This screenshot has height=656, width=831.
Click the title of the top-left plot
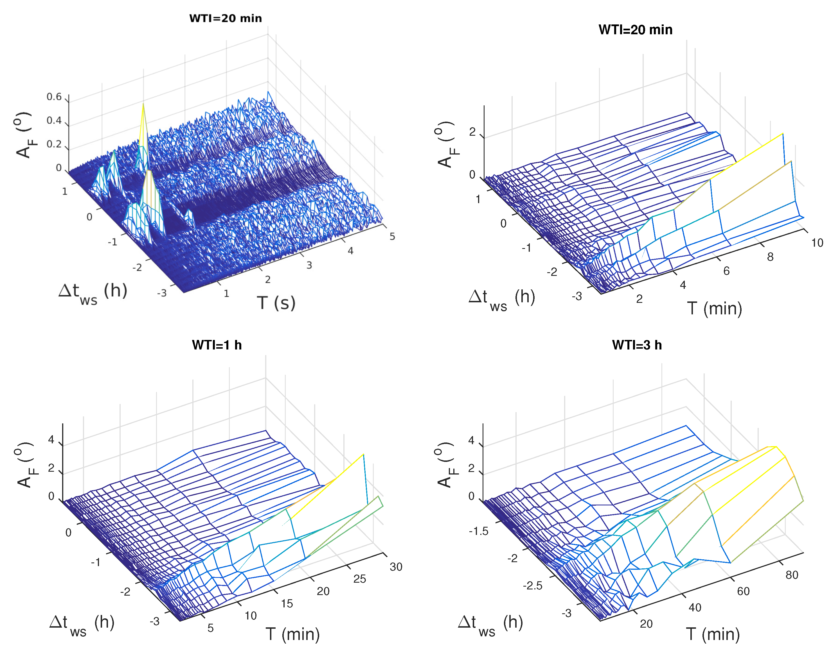pyautogui.click(x=225, y=19)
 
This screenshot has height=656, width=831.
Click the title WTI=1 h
pyautogui.click(x=217, y=345)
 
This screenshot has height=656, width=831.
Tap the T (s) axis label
pyautogui.click(x=276, y=303)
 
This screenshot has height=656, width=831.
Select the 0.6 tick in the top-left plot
pyautogui.click(x=54, y=97)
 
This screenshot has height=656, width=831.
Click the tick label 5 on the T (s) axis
pyautogui.click(x=392, y=237)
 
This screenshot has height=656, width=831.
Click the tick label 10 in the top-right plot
pyautogui.click(x=817, y=243)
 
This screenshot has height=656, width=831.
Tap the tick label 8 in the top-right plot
pyautogui.click(x=770, y=257)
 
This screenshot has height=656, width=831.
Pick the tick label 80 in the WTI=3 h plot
pyautogui.click(x=792, y=575)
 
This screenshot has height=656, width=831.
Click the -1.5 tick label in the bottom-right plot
pyautogui.click(x=479, y=531)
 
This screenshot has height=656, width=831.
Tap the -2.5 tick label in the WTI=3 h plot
pyautogui.click(x=532, y=586)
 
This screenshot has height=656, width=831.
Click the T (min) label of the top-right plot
pyautogui.click(x=714, y=308)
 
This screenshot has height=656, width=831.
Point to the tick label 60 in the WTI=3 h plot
pyautogui.click(x=743, y=591)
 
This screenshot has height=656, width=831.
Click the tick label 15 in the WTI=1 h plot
pyautogui.click(x=287, y=603)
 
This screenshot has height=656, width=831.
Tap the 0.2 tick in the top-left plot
pyautogui.click(x=54, y=144)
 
